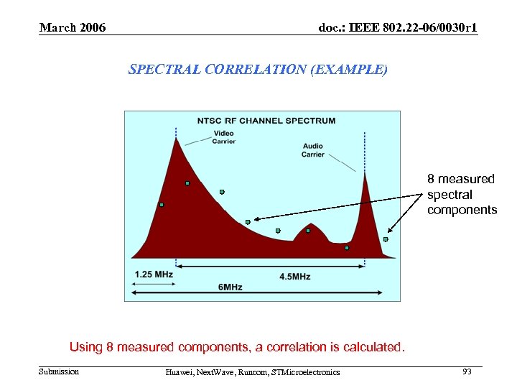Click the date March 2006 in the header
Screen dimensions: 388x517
(73, 28)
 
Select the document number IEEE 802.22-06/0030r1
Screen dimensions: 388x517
(398, 28)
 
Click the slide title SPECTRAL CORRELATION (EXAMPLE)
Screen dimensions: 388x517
(258, 70)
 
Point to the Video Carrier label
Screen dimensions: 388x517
(223, 137)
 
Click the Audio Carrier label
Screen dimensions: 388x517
(313, 150)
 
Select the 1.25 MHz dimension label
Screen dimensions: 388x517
(154, 274)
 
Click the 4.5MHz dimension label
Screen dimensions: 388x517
(294, 276)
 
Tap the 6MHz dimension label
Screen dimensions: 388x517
(230, 287)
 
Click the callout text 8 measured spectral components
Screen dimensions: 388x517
(462, 194)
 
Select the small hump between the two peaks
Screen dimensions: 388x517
(309, 237)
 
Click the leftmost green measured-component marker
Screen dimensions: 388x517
(162, 205)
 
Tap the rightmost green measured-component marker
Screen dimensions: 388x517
(386, 239)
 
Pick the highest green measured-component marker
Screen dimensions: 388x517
(187, 183)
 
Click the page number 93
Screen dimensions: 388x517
(467, 371)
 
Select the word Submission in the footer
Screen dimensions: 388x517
(59, 371)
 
